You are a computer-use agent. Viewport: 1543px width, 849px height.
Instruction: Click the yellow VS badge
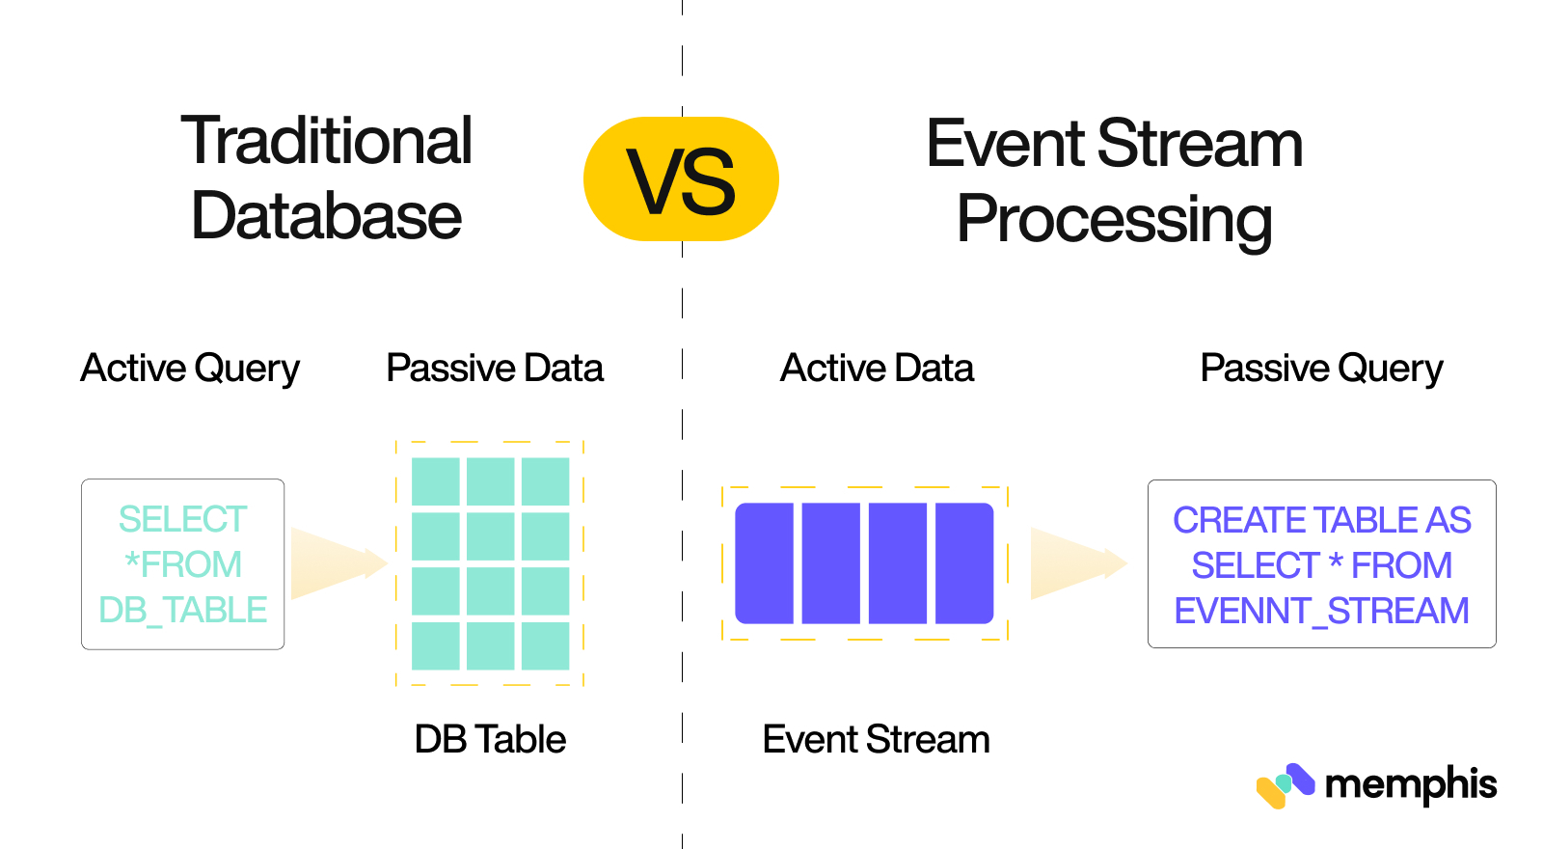(x=681, y=179)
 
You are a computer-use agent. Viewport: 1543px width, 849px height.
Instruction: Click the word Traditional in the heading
(x=326, y=141)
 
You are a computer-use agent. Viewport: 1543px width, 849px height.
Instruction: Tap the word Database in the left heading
(x=326, y=216)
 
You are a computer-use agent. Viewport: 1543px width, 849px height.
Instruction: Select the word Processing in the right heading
(x=1114, y=220)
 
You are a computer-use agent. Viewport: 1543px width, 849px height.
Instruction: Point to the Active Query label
(x=190, y=369)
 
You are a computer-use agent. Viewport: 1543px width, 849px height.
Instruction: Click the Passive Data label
(x=494, y=369)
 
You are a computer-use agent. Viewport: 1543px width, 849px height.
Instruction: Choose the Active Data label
(x=877, y=369)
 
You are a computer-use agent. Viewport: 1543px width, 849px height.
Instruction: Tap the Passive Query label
(x=1321, y=369)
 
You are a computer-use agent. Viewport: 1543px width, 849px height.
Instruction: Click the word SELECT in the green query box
(x=182, y=519)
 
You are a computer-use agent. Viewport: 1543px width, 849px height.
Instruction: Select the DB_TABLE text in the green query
(x=182, y=610)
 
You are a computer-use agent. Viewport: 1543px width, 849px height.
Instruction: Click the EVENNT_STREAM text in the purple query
(x=1321, y=611)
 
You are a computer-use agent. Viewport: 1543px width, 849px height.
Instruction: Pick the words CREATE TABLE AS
(x=1321, y=520)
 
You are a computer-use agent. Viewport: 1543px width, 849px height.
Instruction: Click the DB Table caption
(x=490, y=740)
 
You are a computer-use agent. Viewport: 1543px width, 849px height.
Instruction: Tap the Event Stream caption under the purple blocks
(x=876, y=740)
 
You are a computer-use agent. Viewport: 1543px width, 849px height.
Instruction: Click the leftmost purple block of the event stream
(x=764, y=563)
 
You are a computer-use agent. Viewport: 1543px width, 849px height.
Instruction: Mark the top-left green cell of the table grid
(x=435, y=480)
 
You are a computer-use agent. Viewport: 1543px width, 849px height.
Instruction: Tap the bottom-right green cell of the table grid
(x=545, y=645)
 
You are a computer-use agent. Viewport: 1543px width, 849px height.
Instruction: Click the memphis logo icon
(x=1285, y=785)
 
